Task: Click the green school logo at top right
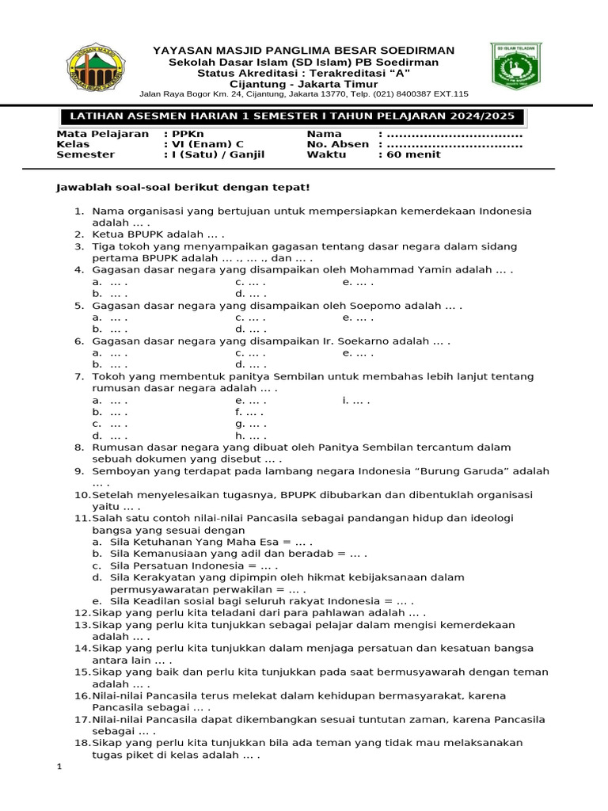(516, 67)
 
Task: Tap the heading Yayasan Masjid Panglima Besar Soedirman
(303, 51)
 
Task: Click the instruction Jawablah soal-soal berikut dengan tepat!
(182, 187)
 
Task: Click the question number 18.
(82, 743)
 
